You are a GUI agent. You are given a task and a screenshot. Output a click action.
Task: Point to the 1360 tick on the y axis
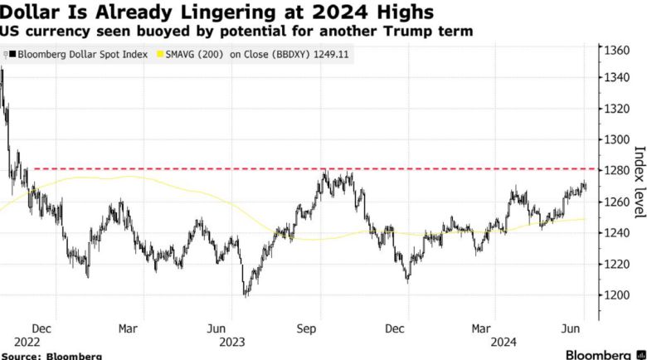tap(619, 51)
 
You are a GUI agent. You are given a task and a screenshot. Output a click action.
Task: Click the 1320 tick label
tap(619, 109)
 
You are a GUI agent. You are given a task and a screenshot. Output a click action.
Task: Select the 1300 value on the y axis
tap(619, 139)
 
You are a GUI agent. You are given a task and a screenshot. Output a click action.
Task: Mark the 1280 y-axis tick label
tap(619, 171)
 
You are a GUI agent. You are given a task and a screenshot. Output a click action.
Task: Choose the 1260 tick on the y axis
tap(619, 202)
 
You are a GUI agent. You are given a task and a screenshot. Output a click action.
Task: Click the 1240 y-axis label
tap(619, 233)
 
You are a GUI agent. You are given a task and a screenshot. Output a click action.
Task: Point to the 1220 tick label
tap(619, 264)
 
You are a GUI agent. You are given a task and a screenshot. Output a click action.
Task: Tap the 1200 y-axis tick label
tap(619, 295)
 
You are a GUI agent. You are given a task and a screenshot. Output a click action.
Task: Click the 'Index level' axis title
tap(639, 182)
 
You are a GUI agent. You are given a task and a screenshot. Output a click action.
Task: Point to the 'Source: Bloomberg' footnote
tap(51, 355)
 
